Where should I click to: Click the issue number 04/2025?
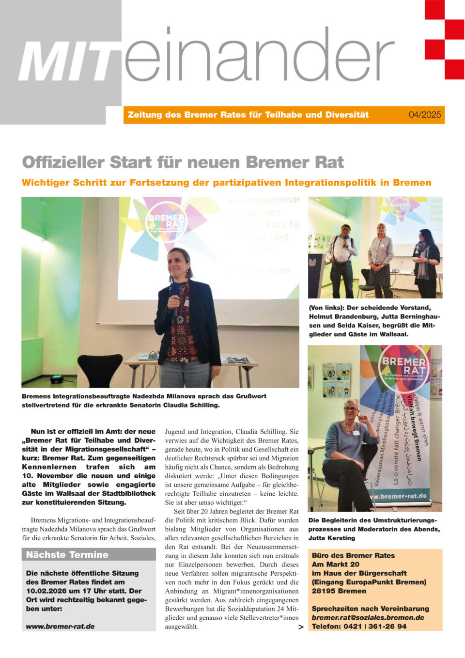click(424, 115)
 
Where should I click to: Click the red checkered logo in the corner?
click(444, 39)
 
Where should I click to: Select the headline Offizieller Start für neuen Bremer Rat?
click(183, 162)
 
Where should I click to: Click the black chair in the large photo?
click(99, 370)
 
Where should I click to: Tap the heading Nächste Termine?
click(67, 555)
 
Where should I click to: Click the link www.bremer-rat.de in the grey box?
click(60, 626)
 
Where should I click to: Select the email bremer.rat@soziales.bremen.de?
click(368, 617)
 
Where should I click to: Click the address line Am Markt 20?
click(336, 564)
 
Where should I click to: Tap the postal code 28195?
click(323, 591)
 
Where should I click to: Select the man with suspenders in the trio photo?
click(342, 257)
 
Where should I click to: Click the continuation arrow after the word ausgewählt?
click(301, 627)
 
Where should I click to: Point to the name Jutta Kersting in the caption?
click(331, 538)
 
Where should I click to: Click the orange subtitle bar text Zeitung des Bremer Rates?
click(248, 115)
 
